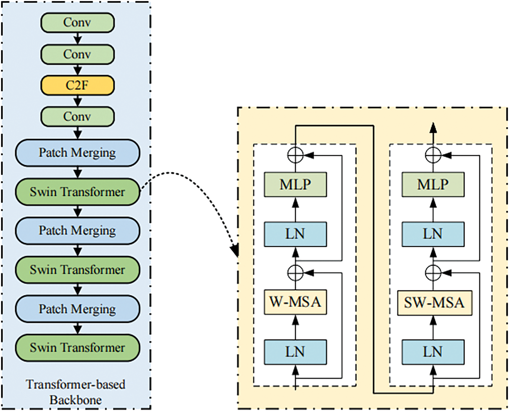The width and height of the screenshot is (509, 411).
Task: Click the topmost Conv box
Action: tap(77, 22)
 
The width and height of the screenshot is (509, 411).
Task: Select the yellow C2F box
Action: tap(77, 86)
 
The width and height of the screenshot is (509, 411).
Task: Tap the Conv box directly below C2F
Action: tap(77, 117)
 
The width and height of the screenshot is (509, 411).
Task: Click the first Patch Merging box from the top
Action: tap(78, 153)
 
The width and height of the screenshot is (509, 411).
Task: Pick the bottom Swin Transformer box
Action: tap(78, 348)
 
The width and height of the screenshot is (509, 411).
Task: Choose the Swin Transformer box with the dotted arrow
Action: tap(78, 192)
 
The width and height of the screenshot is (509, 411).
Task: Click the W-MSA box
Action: tap(295, 302)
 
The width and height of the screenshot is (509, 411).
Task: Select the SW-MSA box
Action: tap(434, 302)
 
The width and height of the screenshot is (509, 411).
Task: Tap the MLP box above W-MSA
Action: tap(295, 185)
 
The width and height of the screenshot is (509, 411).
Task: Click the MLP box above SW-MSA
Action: tap(433, 185)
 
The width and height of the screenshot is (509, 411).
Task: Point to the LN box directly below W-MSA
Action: tap(295, 352)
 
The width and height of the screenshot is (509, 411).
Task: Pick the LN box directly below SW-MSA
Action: tap(433, 352)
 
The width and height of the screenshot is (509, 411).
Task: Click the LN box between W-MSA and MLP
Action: tap(295, 234)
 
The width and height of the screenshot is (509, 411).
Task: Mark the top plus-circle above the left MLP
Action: tap(295, 156)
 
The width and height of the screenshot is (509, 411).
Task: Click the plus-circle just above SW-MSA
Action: tap(433, 272)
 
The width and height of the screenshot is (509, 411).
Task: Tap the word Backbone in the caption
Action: tap(76, 400)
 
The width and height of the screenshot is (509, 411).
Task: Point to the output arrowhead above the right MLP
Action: tap(433, 128)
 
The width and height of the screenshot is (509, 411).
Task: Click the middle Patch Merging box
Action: tap(78, 231)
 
